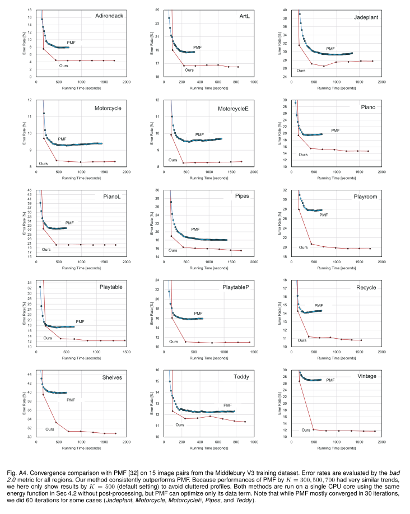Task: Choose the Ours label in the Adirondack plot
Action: pos(63,65)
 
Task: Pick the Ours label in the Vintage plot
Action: pos(306,430)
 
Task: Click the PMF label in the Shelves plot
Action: pos(71,400)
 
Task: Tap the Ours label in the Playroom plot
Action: pos(303,247)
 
